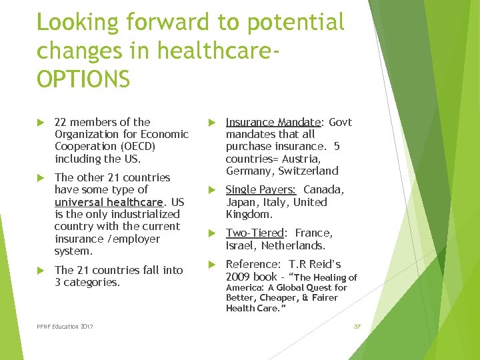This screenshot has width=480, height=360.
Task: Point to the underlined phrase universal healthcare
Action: pos(109,202)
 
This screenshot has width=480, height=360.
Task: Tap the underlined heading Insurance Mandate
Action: pos(273,122)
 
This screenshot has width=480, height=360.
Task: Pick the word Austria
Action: pos(303,159)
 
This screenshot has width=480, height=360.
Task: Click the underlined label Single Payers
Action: pos(261,190)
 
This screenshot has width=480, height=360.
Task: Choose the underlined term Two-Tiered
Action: pos(255,233)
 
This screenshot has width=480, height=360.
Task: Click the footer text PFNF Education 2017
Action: pos(65,326)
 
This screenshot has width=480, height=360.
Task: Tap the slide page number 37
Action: pos(357,326)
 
